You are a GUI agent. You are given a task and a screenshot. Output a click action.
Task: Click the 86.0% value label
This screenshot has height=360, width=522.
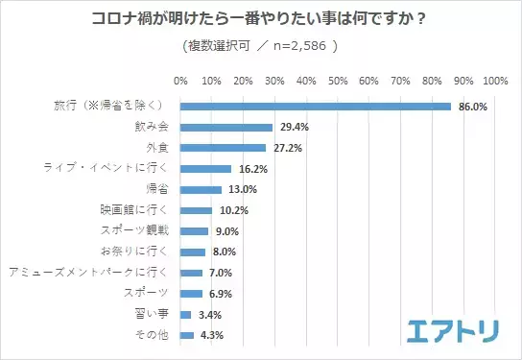(470, 106)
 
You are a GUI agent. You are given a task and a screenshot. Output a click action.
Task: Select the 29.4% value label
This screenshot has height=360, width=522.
(292, 127)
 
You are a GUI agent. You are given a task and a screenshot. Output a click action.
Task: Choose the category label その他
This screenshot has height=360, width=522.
(152, 335)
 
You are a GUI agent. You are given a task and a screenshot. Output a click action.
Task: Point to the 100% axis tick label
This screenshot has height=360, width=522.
(495, 80)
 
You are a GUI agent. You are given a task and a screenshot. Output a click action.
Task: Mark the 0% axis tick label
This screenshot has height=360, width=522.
(180, 80)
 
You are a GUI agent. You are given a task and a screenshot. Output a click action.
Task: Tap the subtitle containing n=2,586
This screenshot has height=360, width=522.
(259, 45)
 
